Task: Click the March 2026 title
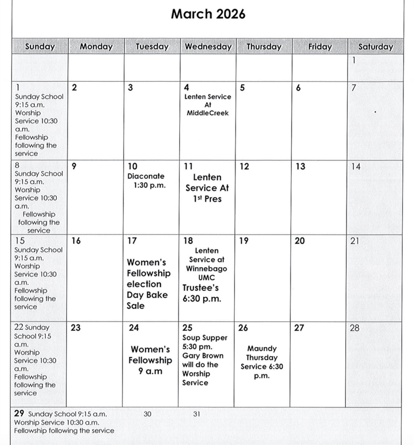click(x=208, y=14)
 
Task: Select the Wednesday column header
click(x=208, y=46)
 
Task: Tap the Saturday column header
click(x=375, y=46)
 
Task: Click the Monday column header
click(x=96, y=46)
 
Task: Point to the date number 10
click(x=132, y=166)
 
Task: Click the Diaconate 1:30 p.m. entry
click(x=147, y=181)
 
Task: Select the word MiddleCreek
click(x=208, y=113)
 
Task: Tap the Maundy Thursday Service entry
click(x=262, y=362)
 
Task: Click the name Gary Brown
click(x=203, y=355)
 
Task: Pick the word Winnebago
click(x=206, y=269)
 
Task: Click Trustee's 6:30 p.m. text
click(x=202, y=293)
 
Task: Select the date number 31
click(x=196, y=414)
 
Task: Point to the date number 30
click(x=148, y=414)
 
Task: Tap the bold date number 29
click(x=19, y=414)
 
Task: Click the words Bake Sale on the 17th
click(x=147, y=300)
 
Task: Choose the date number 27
click(x=299, y=328)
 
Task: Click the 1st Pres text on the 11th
click(x=208, y=199)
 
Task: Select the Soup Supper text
click(x=205, y=338)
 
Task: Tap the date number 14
click(x=356, y=166)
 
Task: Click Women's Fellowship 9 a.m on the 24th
click(x=150, y=360)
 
